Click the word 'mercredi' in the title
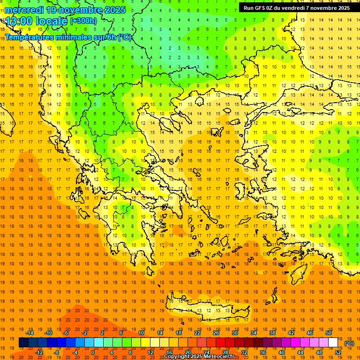24,9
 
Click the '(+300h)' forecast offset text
83,21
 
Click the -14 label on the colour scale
30,333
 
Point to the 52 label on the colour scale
338,352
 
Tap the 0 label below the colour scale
93,352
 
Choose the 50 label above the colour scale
328,333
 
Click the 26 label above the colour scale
216,333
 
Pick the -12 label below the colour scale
39,352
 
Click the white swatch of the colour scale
333,343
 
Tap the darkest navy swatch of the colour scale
23,343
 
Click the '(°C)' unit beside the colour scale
349,343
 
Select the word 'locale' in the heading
51,21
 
